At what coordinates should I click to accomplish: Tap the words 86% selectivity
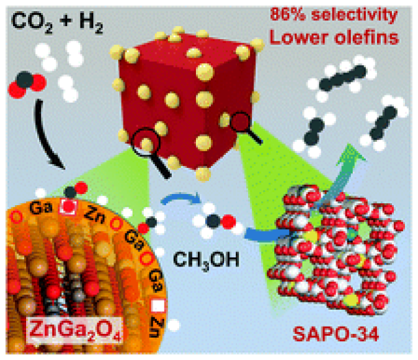(x=334, y=14)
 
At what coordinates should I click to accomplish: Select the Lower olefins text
(x=334, y=37)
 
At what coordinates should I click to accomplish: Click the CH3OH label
(x=206, y=260)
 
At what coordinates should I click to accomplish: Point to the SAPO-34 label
(x=336, y=334)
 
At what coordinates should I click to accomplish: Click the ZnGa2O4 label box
(x=75, y=330)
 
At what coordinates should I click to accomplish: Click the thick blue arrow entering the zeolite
(x=266, y=235)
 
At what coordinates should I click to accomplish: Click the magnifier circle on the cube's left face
(x=146, y=142)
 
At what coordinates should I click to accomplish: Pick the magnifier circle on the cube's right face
(x=240, y=122)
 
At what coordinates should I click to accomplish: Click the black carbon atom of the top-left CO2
(x=25, y=80)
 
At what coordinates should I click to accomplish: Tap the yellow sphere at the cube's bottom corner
(x=203, y=174)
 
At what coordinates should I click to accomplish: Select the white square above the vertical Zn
(x=158, y=306)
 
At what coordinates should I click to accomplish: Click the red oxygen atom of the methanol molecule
(x=229, y=222)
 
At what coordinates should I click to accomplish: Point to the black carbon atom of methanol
(x=214, y=221)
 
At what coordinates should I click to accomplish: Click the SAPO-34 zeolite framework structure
(x=336, y=251)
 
